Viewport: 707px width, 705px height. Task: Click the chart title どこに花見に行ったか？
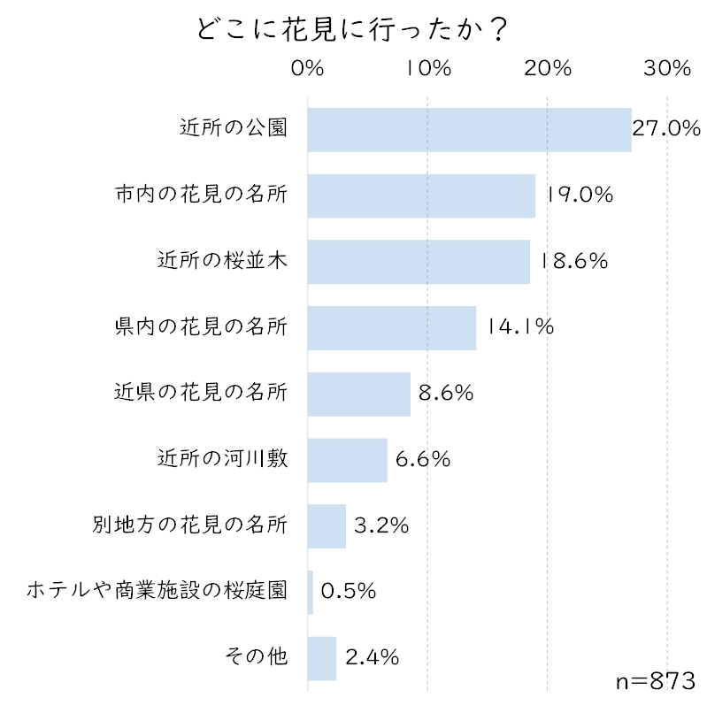352,28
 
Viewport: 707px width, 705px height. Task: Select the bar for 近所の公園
469,129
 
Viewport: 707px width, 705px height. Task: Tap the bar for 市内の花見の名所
421,195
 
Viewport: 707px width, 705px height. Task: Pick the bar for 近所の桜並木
419,262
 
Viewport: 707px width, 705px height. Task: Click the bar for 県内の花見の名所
392,327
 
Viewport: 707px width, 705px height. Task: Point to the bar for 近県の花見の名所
359,394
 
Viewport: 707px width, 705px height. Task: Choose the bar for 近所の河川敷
348,460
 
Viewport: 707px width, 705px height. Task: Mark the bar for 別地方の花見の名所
327,526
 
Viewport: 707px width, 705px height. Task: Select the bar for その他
322,658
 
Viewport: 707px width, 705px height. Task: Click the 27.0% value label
666,129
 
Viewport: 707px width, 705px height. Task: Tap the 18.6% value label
573,261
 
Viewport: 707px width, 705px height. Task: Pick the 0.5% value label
349,592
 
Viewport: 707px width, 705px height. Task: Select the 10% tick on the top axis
428,68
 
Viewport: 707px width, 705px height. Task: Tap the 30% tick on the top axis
666,68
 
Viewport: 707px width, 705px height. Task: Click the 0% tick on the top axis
308,68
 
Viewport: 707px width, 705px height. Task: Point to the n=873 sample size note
654,681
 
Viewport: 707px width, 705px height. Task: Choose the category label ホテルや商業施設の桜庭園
157,591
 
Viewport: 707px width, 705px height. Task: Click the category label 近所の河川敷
222,459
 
